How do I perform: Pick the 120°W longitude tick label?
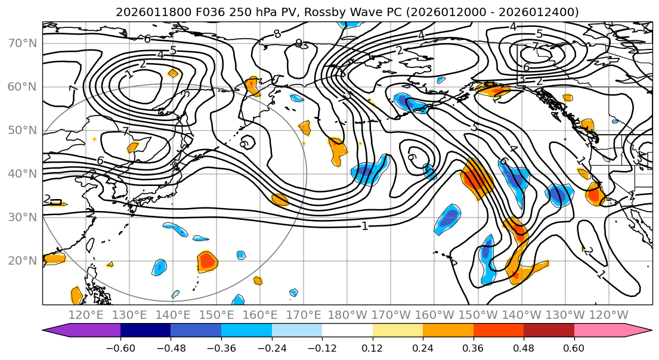point(609,315)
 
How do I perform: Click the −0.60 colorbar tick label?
point(120,347)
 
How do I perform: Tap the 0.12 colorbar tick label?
point(372,347)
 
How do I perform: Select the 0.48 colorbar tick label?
point(524,347)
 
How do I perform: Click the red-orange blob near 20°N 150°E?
point(208,260)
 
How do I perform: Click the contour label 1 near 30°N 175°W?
point(364,226)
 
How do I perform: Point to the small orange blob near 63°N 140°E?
point(173,73)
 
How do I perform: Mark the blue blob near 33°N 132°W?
point(559,194)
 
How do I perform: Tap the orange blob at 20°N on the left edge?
point(53,258)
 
